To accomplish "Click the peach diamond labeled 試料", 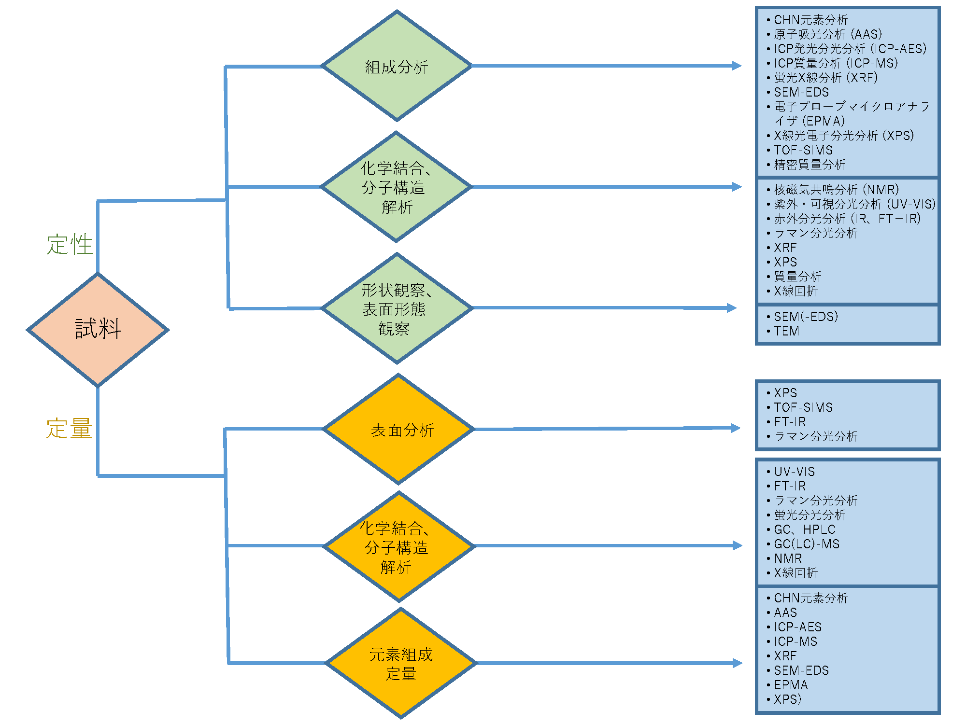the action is tap(98, 330).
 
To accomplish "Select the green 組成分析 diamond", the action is tap(397, 66).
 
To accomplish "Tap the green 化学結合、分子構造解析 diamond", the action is tap(396, 186).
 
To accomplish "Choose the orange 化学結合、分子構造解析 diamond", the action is tap(399, 546).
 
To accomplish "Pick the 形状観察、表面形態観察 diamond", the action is tap(397, 308).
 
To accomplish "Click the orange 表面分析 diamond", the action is tap(398, 429).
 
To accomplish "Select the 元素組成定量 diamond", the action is tap(401, 663).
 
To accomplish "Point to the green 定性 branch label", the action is tap(70, 244).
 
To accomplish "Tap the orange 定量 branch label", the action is tap(69, 429).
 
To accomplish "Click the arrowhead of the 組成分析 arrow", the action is tap(737, 66).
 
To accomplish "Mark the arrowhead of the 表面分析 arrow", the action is tap(736, 428).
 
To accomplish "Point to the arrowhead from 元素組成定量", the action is tap(738, 663).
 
